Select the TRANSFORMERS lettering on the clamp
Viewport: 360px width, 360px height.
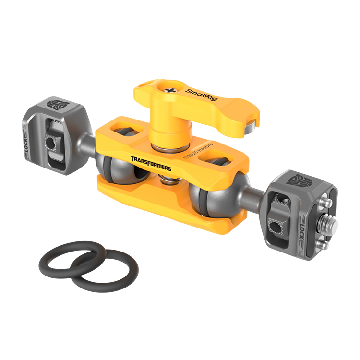(x=150, y=163)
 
